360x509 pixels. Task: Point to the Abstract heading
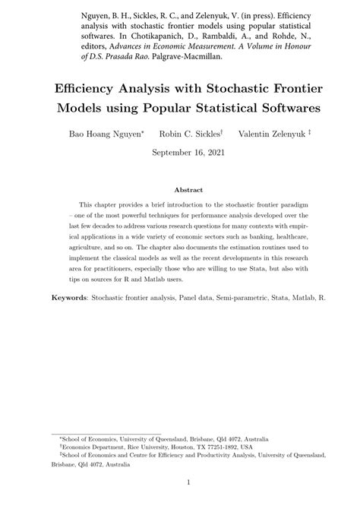click(188, 191)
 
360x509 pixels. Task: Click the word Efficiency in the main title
click(85, 87)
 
